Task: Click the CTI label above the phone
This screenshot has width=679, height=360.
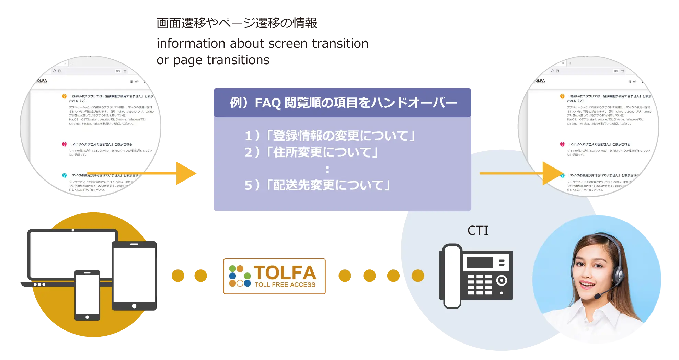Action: (x=477, y=231)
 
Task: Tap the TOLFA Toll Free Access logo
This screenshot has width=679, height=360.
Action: (x=274, y=277)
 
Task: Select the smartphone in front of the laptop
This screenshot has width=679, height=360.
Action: (x=87, y=295)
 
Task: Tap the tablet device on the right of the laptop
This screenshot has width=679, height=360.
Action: (x=134, y=276)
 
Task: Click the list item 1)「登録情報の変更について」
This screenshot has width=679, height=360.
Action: (x=330, y=136)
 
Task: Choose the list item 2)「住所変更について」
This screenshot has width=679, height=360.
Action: (x=311, y=152)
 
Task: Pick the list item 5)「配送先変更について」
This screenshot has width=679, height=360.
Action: (x=318, y=185)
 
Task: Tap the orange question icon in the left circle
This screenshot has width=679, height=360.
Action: (x=64, y=96)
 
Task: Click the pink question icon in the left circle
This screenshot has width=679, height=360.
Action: (x=64, y=144)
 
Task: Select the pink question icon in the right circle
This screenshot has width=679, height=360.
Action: (x=562, y=144)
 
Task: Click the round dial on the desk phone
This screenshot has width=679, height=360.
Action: (x=502, y=280)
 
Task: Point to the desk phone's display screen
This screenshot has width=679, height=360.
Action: (x=480, y=263)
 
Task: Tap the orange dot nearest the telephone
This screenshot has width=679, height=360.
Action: (x=418, y=276)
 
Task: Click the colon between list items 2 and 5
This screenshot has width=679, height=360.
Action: (x=327, y=169)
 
